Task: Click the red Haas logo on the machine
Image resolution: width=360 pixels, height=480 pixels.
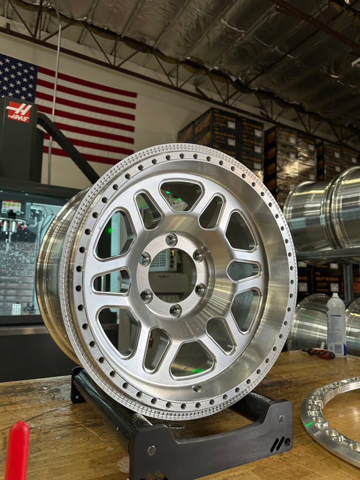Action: tap(19, 111)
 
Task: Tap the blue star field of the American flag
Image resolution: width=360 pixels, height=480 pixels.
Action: tap(17, 76)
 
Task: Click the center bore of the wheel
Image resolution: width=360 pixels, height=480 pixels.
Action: tap(172, 275)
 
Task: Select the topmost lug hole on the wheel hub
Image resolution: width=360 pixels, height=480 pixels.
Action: tap(171, 239)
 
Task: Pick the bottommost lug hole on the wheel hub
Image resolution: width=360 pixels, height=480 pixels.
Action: tap(175, 310)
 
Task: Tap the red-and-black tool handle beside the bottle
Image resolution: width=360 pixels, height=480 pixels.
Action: tap(319, 353)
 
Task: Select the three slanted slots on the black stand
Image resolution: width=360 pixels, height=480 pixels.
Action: tap(279, 444)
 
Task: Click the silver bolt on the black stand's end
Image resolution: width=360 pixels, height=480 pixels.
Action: tap(151, 450)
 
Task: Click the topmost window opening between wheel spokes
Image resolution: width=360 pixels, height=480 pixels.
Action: tap(181, 195)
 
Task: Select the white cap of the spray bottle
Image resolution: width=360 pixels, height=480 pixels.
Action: tap(335, 298)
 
